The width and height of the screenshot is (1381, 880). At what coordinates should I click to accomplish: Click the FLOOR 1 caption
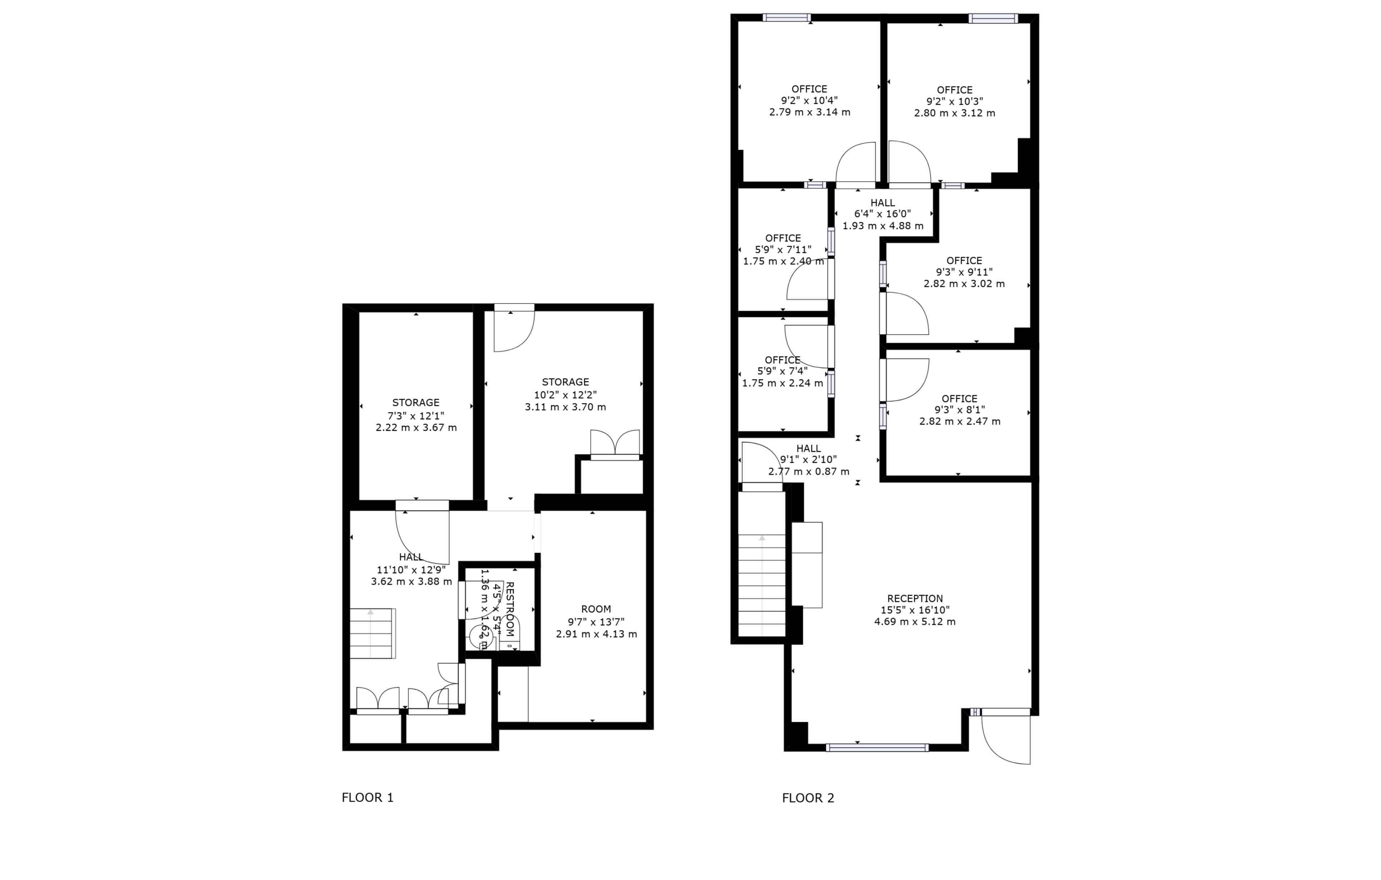pos(368,797)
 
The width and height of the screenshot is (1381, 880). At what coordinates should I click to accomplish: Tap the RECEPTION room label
pos(915,598)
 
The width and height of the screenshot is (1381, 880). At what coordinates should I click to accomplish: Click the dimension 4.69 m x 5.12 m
pos(915,621)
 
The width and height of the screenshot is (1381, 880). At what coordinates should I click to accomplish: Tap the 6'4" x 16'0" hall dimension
pos(883,214)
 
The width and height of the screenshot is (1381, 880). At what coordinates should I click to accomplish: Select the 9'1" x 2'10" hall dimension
pos(809,460)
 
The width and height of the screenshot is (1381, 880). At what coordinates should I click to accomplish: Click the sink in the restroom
pos(480,635)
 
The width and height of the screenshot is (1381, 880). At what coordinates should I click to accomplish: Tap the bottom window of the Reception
pos(877,748)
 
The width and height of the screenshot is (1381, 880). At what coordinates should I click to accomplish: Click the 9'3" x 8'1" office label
pos(960,410)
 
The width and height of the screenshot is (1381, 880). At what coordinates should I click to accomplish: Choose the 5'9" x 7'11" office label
pos(783,250)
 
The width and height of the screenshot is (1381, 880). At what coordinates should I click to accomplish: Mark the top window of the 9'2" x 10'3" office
pos(993,18)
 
